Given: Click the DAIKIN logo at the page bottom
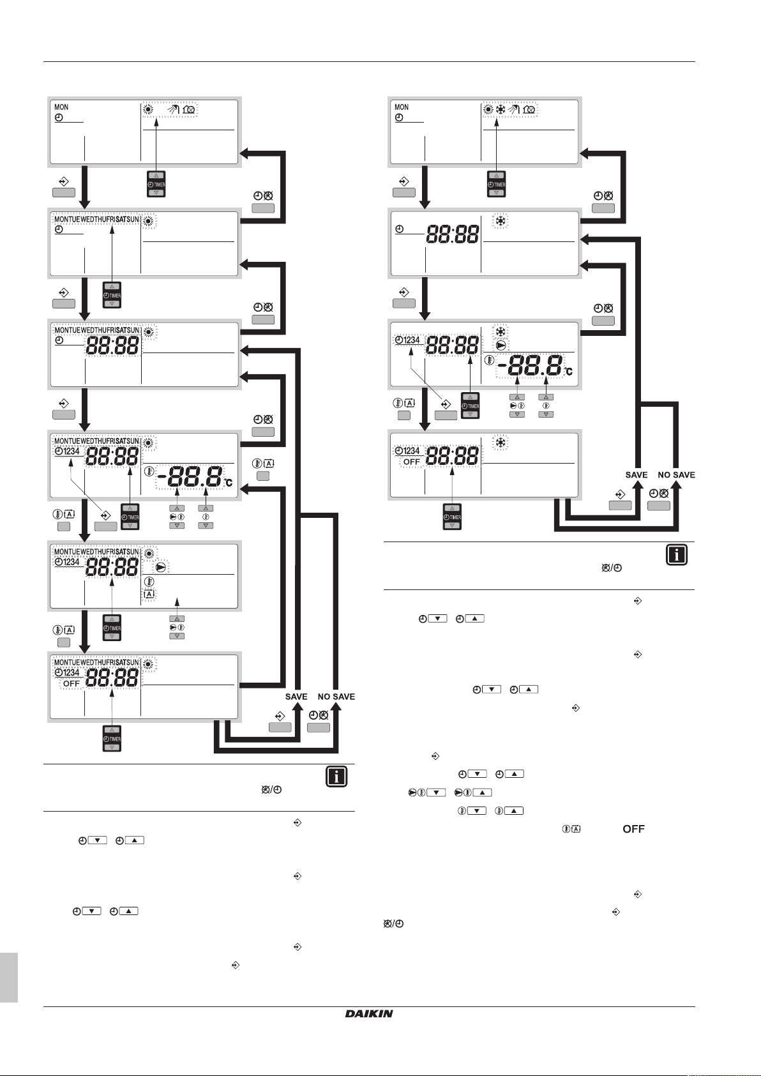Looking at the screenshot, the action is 369,1013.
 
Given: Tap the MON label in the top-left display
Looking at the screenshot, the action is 61,107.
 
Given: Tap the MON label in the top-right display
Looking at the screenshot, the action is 402,107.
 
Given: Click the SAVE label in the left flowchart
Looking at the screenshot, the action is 296,697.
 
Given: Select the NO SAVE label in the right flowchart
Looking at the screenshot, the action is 676,475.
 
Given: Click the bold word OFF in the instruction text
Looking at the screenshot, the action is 633,829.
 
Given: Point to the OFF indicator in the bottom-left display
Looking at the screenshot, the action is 72,683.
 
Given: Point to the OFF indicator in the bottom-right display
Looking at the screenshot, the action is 412,462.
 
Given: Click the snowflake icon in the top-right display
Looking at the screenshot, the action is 501,109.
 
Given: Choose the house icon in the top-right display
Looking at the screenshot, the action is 529,109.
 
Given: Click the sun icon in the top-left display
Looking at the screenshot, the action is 149,109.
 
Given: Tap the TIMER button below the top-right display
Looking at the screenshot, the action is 496,184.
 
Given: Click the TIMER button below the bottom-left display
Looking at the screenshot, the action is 112,739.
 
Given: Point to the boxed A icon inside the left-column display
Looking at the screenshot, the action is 149,594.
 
